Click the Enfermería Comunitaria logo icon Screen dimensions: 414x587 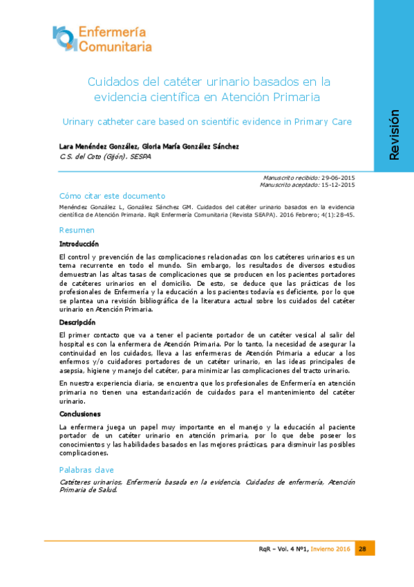tap(66, 38)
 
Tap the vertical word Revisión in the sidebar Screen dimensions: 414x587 tap(394, 136)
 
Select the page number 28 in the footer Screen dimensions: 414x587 tap(363, 549)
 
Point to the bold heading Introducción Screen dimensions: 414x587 tap(79, 244)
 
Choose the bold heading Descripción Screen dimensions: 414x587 tap(77, 323)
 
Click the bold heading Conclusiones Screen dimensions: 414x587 tap(81, 414)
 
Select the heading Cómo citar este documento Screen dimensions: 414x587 tap(113, 196)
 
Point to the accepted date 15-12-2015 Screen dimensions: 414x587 tap(339, 185)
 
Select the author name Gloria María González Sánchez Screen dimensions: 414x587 tap(190, 146)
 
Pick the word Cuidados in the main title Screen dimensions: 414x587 tap(115, 80)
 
